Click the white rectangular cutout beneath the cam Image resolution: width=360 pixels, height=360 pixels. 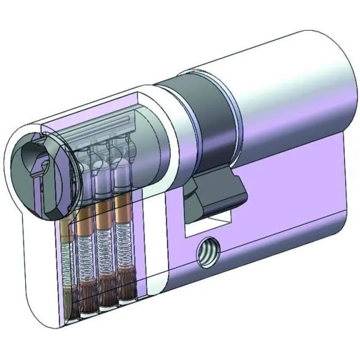pyautogui.click(x=206, y=226)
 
